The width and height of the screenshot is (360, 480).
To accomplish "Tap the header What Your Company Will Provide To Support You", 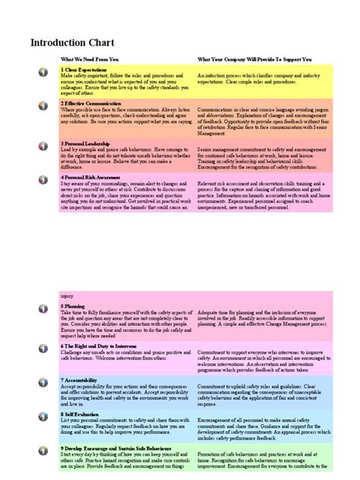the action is [254, 58].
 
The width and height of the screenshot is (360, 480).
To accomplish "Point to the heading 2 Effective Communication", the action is [90, 103].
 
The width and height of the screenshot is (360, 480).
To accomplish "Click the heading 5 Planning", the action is [73, 306].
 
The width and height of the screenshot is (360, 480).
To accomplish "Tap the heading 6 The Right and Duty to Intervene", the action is [99, 345].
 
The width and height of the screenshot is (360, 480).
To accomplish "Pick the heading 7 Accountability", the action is [80, 379].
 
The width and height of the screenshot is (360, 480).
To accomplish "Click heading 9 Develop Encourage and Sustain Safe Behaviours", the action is [115, 448].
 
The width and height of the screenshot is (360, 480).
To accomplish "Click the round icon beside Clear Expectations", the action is [43, 72].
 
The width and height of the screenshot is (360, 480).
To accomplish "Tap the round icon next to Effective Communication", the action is [43, 105].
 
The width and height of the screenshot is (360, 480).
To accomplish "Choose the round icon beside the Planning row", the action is [43, 310].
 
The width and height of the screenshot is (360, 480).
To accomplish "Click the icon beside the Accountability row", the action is [43, 383].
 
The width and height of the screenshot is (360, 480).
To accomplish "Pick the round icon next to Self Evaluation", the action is [43, 418].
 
